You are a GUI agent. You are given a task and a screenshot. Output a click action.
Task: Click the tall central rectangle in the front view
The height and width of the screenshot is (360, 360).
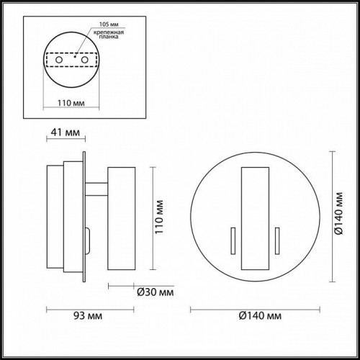[253, 216]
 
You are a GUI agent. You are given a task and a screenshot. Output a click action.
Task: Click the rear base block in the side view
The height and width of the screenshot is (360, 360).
[56, 216]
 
